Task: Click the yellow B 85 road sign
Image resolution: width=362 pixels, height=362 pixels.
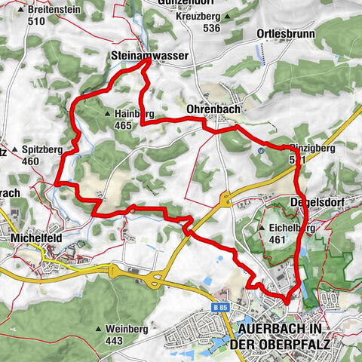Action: (x=219, y=308)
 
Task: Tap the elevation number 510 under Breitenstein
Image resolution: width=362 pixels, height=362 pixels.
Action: (x=35, y=22)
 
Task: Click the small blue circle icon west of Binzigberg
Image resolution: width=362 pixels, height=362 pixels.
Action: (x=259, y=150)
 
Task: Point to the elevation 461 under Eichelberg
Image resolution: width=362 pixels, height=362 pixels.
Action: (x=280, y=240)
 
